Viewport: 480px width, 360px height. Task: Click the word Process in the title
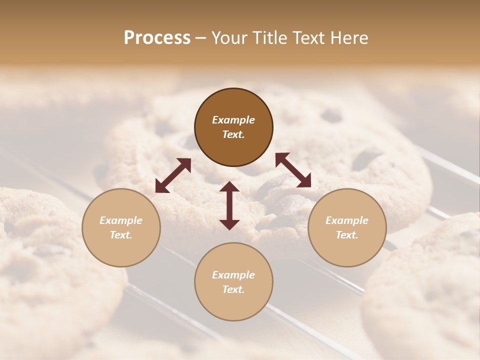pyautogui.click(x=157, y=38)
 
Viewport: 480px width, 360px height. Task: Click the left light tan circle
pyautogui.click(x=121, y=227)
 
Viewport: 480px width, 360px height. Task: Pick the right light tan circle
pyautogui.click(x=347, y=227)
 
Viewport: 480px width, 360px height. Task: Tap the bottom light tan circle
pyautogui.click(x=233, y=282)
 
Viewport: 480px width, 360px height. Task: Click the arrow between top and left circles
pyautogui.click(x=173, y=175)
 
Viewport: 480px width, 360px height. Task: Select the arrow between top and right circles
pyautogui.click(x=293, y=170)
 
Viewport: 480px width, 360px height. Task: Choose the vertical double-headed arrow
pyautogui.click(x=229, y=205)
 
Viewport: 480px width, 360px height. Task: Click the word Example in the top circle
pyautogui.click(x=233, y=120)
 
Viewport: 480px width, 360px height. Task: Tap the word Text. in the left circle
pyautogui.click(x=121, y=235)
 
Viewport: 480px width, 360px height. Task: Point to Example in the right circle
pyautogui.click(x=347, y=220)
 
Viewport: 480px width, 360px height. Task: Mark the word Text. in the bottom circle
pyautogui.click(x=233, y=289)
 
